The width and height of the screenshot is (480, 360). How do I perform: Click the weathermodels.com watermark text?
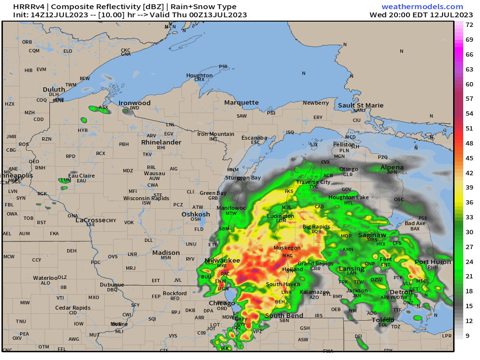pyautogui.click(x=422, y=7)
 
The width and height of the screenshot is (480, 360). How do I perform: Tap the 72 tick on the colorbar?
pyautogui.click(x=469, y=24)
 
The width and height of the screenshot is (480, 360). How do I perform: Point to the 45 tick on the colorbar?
pyautogui.click(x=469, y=158)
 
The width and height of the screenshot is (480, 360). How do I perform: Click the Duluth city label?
pyautogui.click(x=54, y=90)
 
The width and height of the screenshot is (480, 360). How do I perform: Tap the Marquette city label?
pyautogui.click(x=241, y=102)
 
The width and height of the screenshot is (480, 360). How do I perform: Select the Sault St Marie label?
pyautogui.click(x=360, y=105)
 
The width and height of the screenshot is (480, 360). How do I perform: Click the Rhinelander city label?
pyautogui.click(x=161, y=143)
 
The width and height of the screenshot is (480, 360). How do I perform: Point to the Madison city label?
pyautogui.click(x=166, y=252)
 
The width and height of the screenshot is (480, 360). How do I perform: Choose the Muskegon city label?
pyautogui.click(x=287, y=248)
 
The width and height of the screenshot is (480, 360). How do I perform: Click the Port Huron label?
pyautogui.click(x=433, y=262)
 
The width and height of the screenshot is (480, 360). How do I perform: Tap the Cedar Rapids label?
pyautogui.click(x=72, y=308)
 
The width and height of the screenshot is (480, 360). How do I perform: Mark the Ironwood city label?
pyautogui.click(x=135, y=103)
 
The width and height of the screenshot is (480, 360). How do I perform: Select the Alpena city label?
pyautogui.click(x=392, y=168)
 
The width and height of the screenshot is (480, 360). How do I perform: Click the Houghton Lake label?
pyautogui.click(x=348, y=197)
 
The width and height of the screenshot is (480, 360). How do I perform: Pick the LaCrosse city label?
pyautogui.click(x=90, y=220)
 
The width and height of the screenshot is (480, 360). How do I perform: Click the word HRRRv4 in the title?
pyautogui.click(x=30, y=7)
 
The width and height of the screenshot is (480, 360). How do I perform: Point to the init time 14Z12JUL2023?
pyautogui.click(x=51, y=15)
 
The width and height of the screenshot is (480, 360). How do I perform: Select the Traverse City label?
pyautogui.click(x=313, y=182)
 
